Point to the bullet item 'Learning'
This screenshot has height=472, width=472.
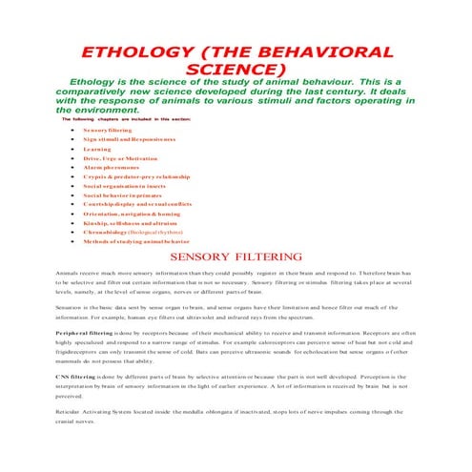click(97, 149)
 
